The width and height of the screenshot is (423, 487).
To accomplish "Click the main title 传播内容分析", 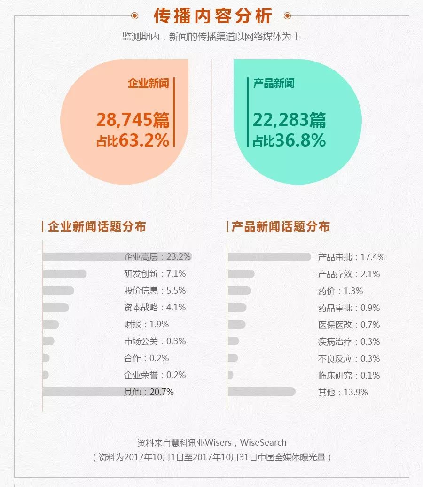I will [213, 16].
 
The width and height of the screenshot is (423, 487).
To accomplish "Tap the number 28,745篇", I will [133, 120].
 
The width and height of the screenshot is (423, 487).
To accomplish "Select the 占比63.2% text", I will [133, 140].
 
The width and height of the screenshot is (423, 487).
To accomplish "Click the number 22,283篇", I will [289, 120].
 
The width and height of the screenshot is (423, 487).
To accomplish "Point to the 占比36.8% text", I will [289, 140].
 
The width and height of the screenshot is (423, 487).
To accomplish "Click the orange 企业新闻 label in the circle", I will [148, 84].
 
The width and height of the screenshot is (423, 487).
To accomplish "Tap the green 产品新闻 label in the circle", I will [274, 84].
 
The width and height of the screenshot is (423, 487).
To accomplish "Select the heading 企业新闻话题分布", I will [97, 227].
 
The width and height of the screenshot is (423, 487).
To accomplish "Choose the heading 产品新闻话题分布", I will [281, 227].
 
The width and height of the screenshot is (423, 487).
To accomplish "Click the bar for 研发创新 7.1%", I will [65, 274].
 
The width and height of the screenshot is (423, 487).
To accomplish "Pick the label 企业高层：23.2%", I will [157, 257].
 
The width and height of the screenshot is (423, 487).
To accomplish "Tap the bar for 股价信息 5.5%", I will [59, 291].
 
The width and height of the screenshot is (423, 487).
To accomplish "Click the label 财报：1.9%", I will [146, 325].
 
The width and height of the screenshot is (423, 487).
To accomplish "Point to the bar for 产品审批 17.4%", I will [269, 257].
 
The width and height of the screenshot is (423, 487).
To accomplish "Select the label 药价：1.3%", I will [340, 291].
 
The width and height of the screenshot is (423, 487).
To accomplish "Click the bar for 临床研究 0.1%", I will [230, 375].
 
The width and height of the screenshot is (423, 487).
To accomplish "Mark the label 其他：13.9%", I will [343, 392].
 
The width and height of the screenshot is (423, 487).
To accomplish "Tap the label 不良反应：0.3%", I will [349, 358].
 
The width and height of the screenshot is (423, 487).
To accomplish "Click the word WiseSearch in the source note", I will [263, 442].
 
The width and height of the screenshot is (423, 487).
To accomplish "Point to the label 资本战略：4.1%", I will [155, 308].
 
